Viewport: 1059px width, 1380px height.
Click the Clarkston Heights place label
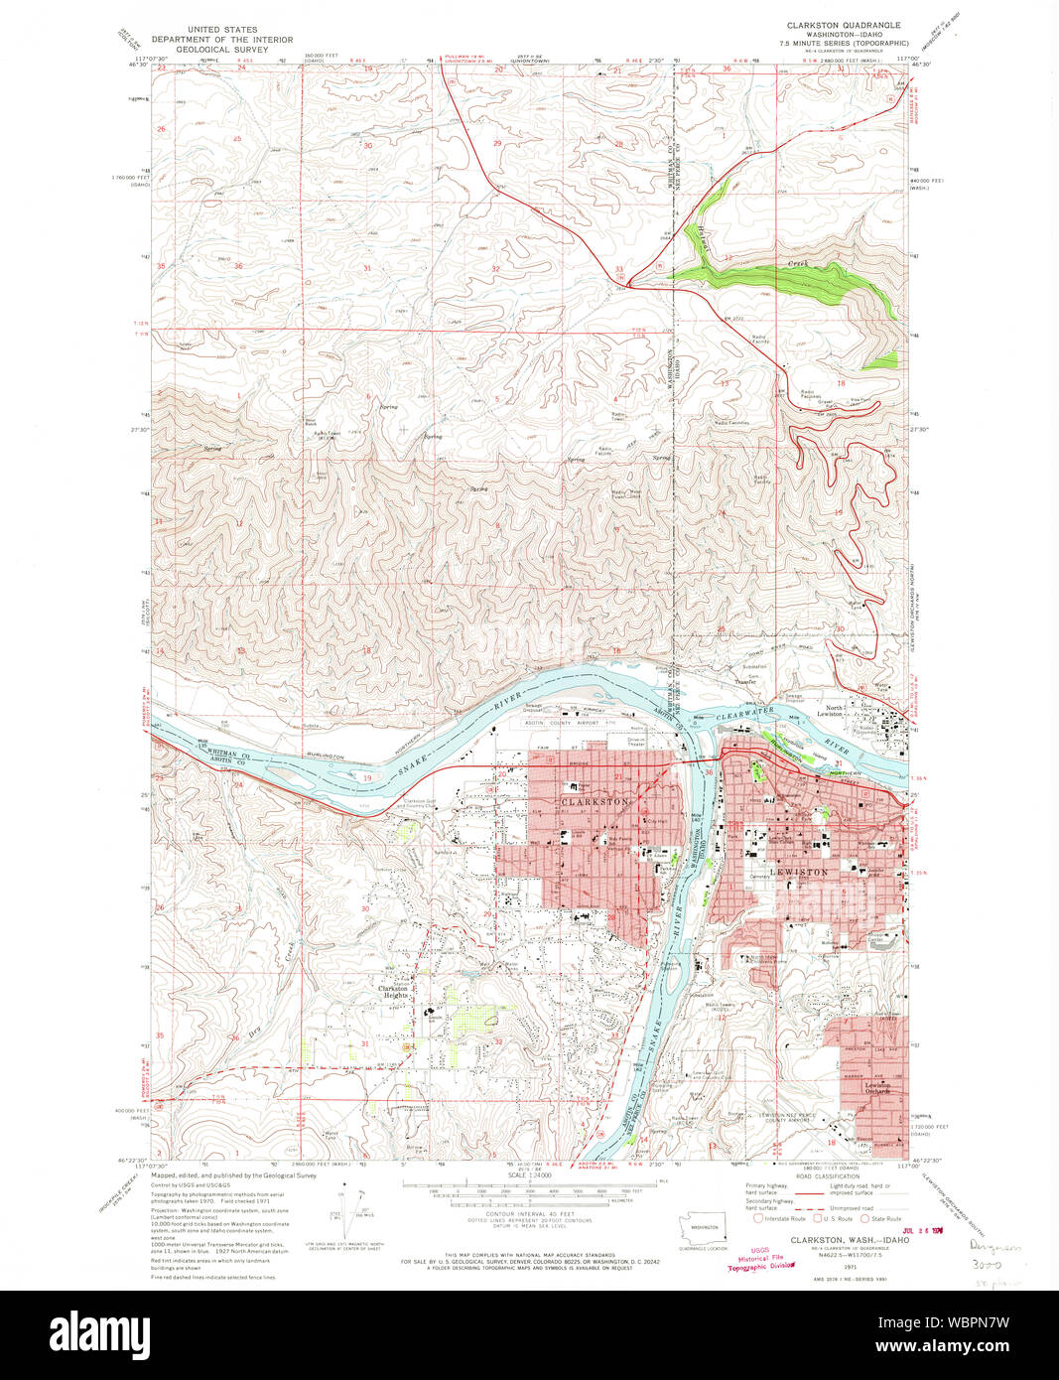point(393,991)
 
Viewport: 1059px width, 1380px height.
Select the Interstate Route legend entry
point(779,1218)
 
